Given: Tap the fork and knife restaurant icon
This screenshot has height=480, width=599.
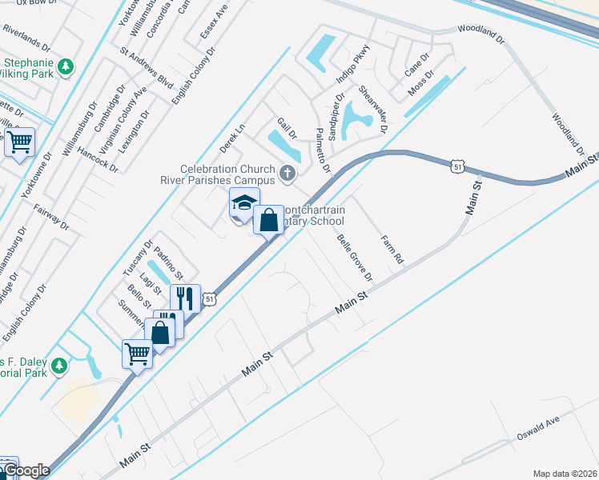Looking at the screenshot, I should coord(185,298).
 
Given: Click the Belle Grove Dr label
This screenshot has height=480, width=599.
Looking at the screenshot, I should coord(355,258).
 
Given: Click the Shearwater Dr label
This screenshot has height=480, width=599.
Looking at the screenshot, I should coord(374,110).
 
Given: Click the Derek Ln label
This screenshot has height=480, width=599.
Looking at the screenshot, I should coord(231,138).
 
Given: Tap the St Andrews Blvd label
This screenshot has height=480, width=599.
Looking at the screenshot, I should coord(147,69).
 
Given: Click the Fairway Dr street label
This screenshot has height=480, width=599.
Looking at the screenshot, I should coord(52,217).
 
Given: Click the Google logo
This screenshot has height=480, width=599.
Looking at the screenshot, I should coord(26,470).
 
